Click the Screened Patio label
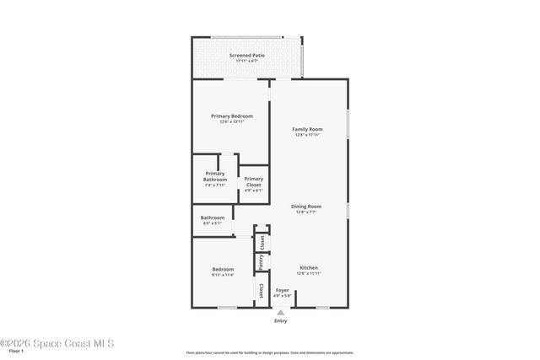click(246, 56)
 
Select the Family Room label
click(308, 129)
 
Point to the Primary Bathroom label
click(215, 176)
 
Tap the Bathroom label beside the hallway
click(213, 218)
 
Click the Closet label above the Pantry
click(262, 242)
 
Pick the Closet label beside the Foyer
click(262, 291)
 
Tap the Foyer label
click(283, 290)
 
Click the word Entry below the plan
click(281, 321)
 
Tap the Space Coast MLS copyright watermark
click(57, 343)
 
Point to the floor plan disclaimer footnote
click(269, 352)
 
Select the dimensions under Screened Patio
click(246, 61)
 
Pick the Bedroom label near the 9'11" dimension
click(223, 269)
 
